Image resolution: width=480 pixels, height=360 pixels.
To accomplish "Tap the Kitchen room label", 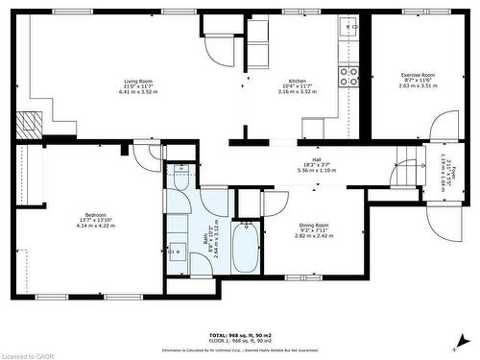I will (297, 82).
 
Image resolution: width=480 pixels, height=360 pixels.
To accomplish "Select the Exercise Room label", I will (420, 75).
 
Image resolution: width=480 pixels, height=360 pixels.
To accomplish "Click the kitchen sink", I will (351, 29).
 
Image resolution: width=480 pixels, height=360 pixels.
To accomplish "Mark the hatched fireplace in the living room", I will (32, 123).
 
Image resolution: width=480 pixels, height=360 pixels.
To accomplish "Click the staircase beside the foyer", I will (408, 173).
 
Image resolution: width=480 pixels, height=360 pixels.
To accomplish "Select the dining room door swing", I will (276, 202).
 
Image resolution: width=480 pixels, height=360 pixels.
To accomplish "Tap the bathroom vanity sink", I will (175, 253).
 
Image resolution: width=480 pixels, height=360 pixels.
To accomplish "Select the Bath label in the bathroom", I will (205, 240).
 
